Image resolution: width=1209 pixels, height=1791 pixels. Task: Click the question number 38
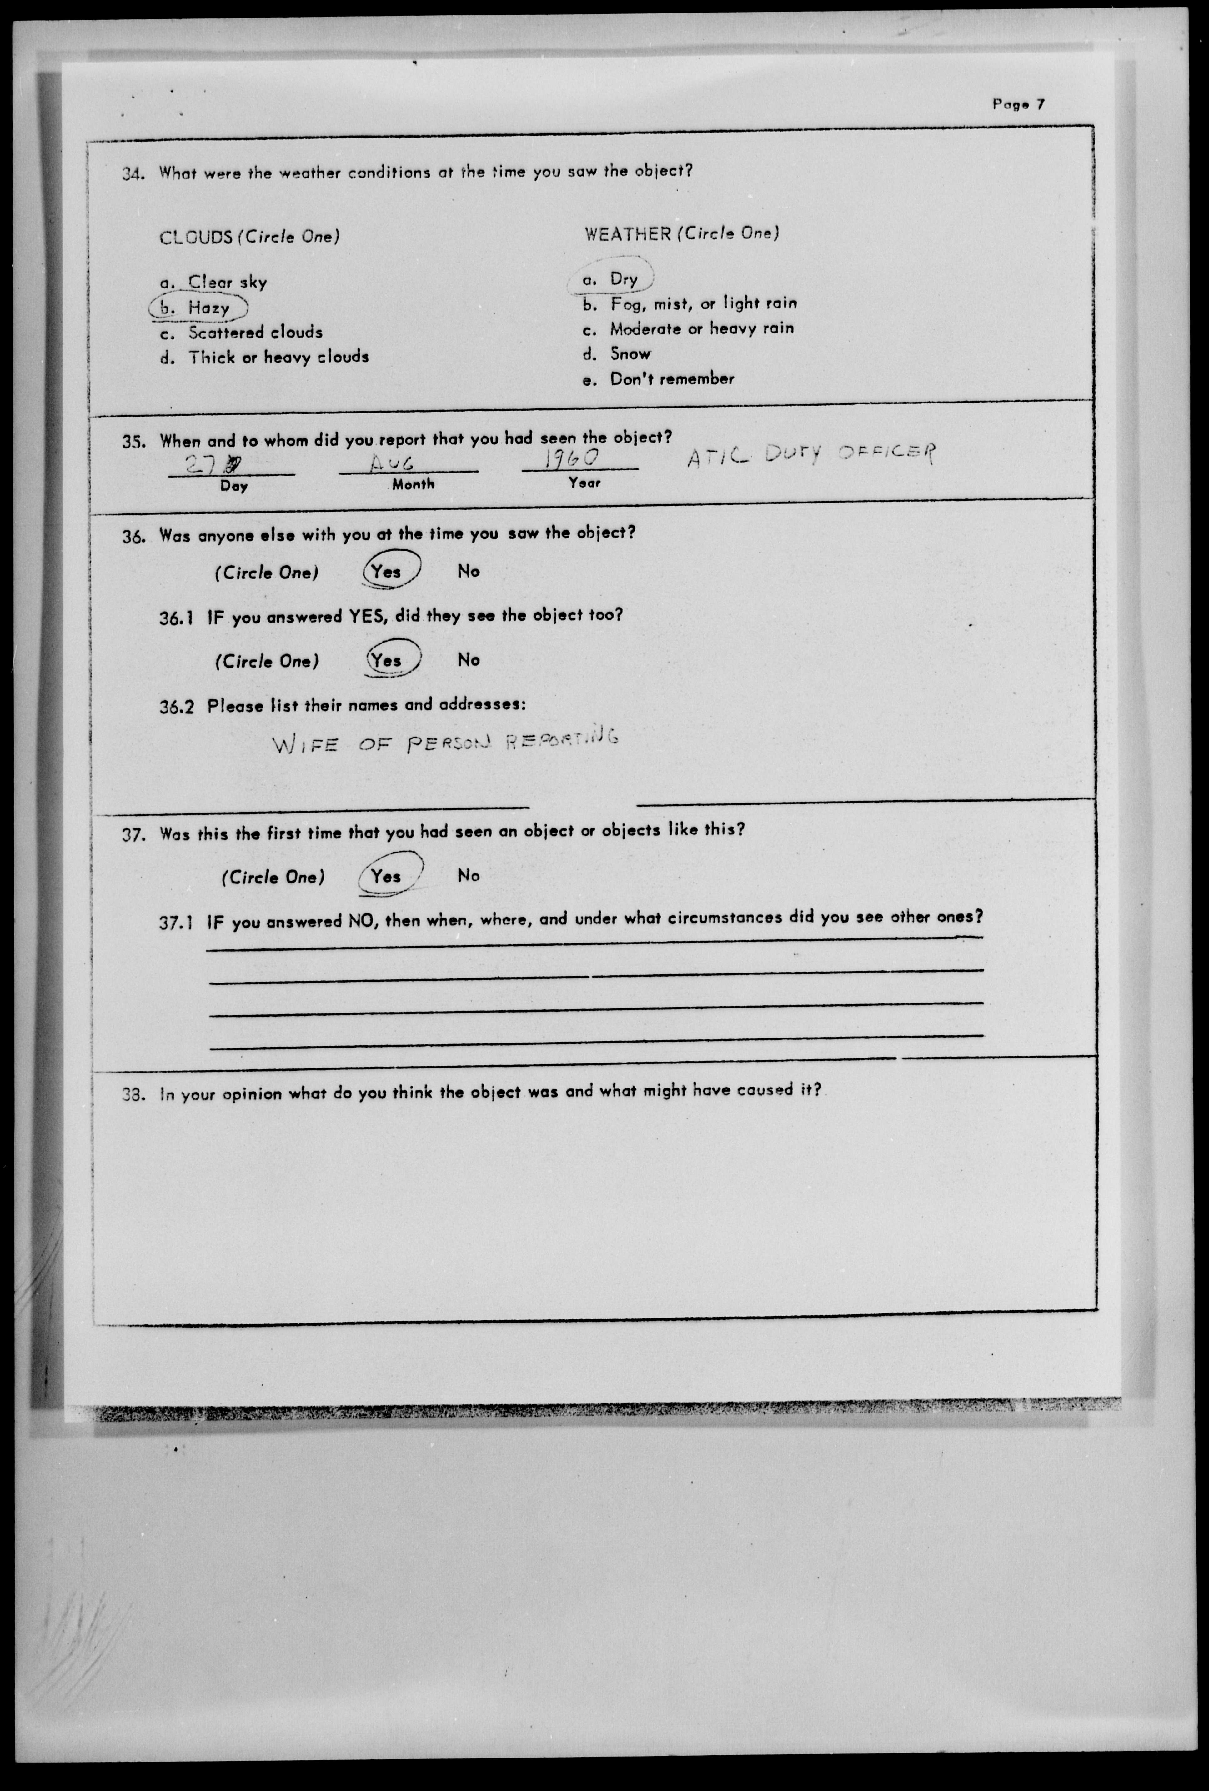coord(133,1094)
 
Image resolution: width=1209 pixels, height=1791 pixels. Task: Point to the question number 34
coord(133,173)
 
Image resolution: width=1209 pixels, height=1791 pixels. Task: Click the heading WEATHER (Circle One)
coord(681,233)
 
